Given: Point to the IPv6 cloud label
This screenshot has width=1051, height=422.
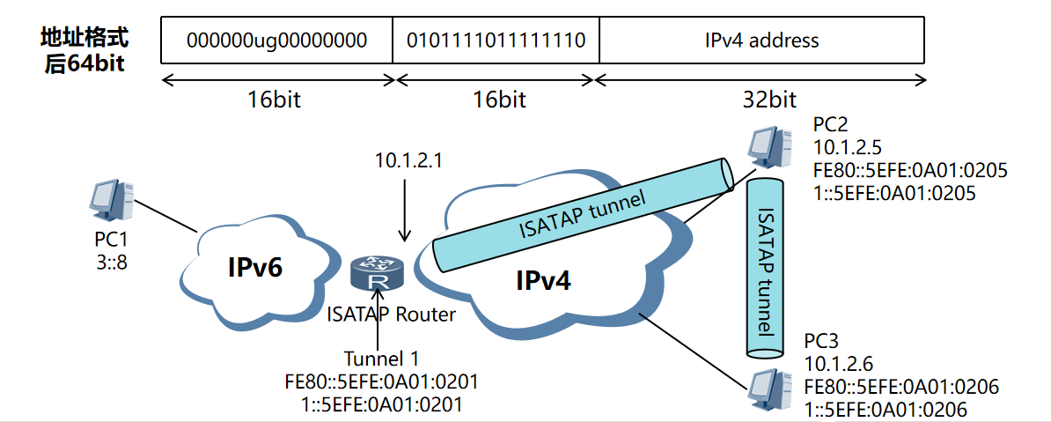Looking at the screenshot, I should point(255,268).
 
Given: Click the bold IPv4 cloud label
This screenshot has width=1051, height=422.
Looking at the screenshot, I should point(543,281).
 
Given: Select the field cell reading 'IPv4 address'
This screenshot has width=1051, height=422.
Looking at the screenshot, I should point(761,41).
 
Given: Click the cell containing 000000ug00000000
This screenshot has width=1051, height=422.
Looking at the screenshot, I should point(277,41).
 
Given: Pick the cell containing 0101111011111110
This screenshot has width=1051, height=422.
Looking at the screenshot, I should point(496,41).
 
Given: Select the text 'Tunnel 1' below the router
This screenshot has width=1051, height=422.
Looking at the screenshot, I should point(380,359).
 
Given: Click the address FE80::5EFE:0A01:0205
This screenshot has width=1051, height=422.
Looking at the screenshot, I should point(911,169).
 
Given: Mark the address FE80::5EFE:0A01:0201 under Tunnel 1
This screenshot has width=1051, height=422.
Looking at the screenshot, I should point(381,381).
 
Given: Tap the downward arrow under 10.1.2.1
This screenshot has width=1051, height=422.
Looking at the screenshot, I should point(404,211).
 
